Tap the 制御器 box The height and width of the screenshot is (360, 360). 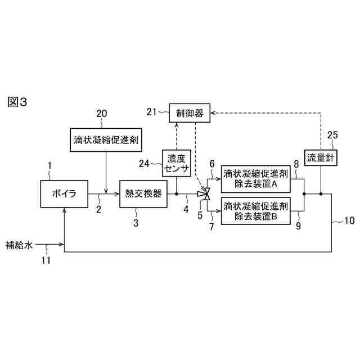(190, 112)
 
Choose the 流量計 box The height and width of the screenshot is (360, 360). (321, 158)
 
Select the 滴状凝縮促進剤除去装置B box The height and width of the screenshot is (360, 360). (256, 210)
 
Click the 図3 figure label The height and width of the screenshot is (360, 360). (17, 102)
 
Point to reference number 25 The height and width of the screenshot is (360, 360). (332, 135)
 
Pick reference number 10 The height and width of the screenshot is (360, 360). (349, 220)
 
